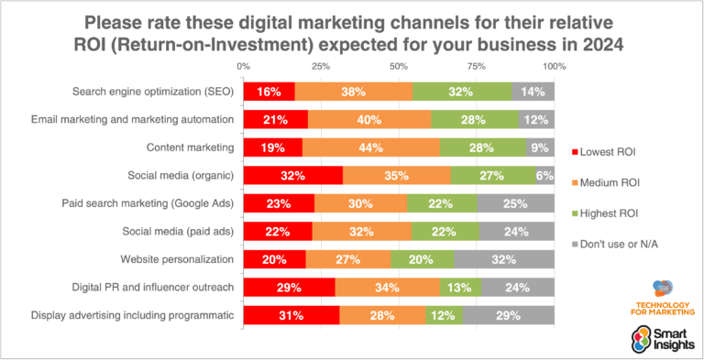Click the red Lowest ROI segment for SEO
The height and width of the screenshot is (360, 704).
tap(269, 92)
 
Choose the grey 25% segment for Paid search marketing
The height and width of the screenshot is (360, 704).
tap(515, 203)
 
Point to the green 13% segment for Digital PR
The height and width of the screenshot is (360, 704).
tap(460, 288)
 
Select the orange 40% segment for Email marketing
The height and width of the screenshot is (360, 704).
tap(369, 120)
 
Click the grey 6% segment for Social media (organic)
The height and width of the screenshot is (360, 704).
tap(544, 176)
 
